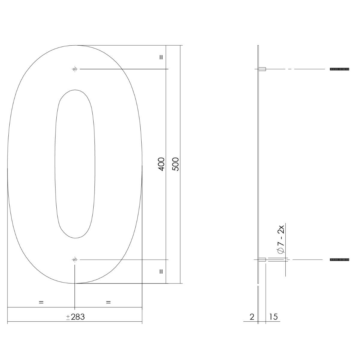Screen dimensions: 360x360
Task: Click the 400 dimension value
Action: [161, 164]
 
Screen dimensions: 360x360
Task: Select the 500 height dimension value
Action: [175, 164]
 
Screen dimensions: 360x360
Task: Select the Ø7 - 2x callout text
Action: [281, 239]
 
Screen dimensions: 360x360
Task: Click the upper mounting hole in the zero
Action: [75, 69]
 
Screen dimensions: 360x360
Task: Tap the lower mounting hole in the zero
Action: [75, 259]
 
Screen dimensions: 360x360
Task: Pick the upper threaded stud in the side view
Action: [339, 69]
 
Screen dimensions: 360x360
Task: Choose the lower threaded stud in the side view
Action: [339, 259]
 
